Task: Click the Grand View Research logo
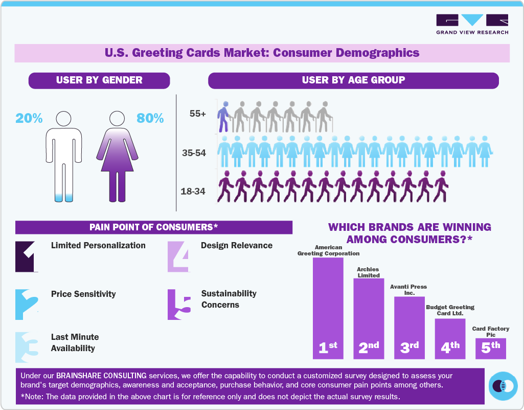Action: tap(472, 24)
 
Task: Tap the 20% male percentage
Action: tap(29, 118)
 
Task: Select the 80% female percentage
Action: tap(150, 118)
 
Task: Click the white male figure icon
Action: tap(64, 156)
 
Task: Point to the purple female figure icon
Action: tap(117, 156)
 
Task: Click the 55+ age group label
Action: tap(197, 114)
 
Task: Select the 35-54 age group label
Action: tap(194, 153)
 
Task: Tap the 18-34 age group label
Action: tap(193, 191)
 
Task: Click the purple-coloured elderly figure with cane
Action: tap(223, 116)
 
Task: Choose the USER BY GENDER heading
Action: tap(99, 80)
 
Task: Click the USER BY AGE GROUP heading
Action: tap(353, 80)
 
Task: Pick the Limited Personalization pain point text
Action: tap(98, 246)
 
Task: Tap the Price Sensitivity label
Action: tap(83, 294)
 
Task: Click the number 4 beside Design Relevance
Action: tap(178, 256)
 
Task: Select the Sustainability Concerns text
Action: tap(229, 299)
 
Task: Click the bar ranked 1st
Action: tap(328, 307)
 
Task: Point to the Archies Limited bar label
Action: tap(368, 272)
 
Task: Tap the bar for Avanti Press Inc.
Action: tap(409, 328)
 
